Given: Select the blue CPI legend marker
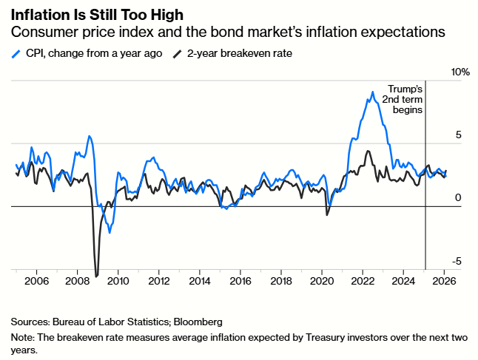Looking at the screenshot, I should [x=16, y=54].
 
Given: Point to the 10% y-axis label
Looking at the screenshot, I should [x=460, y=72].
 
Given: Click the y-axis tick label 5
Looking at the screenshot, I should [x=457, y=135].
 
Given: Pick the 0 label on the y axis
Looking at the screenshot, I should [x=457, y=198].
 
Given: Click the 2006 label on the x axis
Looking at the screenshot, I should [x=36, y=282].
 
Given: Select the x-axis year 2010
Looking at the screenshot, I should [x=118, y=282].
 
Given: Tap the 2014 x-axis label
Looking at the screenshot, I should [x=200, y=282].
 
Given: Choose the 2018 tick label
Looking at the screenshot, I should [x=280, y=282].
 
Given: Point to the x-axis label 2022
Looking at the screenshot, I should [x=362, y=282].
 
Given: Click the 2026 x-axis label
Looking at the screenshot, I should [x=443, y=282].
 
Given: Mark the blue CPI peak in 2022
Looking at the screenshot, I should [x=372, y=92].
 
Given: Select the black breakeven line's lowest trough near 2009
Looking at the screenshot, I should [x=96, y=276].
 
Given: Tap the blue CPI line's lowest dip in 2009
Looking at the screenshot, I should [x=110, y=233].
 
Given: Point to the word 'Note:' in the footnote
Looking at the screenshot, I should [x=24, y=337].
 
